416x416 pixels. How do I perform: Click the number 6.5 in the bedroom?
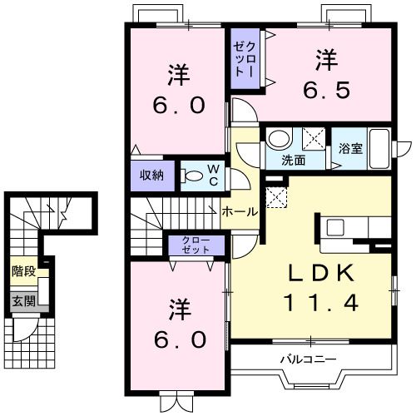click(326, 91)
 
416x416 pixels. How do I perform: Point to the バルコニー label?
click(307, 359)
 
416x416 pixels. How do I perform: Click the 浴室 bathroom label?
click(349, 150)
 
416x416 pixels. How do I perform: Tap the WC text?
click(213, 175)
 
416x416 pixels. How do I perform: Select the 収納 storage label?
click(151, 175)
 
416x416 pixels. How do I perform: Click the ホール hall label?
click(240, 212)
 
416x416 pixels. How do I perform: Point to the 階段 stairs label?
click(23, 271)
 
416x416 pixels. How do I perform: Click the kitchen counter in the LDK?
click(341, 227)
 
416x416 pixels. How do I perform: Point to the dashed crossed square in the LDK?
click(275, 196)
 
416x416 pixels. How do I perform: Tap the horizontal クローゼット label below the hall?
click(197, 245)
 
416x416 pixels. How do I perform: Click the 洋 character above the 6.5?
click(326, 61)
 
